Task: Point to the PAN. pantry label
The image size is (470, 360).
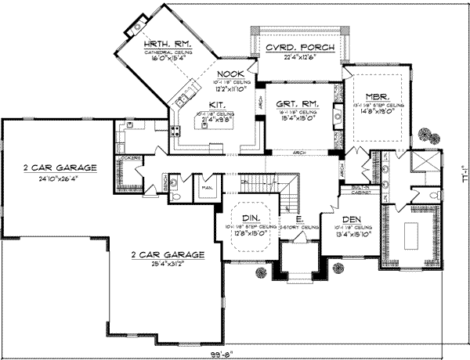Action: click(x=208, y=189)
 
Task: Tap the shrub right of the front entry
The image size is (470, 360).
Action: click(x=337, y=270)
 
